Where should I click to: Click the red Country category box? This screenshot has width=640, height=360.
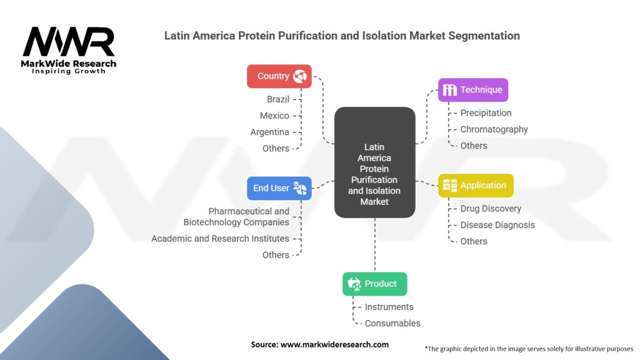click(x=279, y=76)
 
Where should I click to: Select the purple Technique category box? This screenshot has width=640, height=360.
click(x=473, y=90)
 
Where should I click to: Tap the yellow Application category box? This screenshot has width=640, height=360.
click(x=476, y=185)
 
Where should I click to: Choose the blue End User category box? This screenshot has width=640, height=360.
click(x=279, y=188)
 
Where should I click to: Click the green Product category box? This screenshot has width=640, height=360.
click(x=375, y=284)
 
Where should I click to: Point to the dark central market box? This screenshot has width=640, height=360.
click(x=375, y=162)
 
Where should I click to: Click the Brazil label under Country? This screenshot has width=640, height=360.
click(x=278, y=99)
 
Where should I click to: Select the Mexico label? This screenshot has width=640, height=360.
click(x=274, y=116)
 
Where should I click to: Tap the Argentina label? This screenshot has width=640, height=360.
click(x=269, y=132)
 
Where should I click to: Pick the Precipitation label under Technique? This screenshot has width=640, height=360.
click(x=486, y=113)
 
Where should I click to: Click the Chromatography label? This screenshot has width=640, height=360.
click(x=494, y=129)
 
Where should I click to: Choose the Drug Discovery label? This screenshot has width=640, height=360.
click(x=491, y=209)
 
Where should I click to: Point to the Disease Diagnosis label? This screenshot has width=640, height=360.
click(x=497, y=225)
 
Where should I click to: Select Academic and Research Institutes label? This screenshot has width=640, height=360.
click(x=220, y=238)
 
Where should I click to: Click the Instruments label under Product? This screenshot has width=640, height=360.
click(x=389, y=307)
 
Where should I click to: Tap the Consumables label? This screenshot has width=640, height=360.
click(x=392, y=323)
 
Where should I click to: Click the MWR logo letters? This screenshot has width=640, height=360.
click(x=69, y=42)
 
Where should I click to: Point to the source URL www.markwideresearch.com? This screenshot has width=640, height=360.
click(x=334, y=344)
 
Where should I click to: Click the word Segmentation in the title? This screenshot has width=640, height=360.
click(x=484, y=36)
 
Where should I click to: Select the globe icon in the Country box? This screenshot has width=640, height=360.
click(x=300, y=76)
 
